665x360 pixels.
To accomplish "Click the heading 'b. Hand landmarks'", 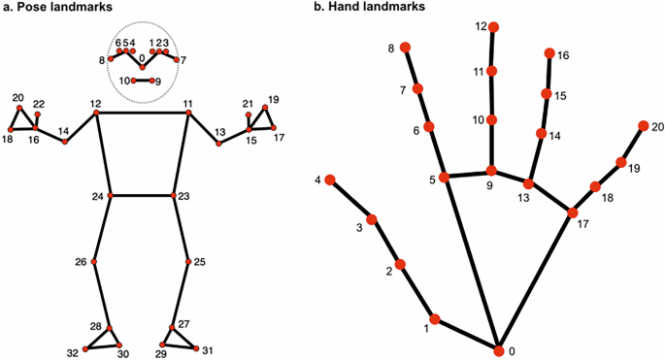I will click(373, 8).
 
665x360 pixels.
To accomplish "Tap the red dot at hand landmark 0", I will click(498, 349).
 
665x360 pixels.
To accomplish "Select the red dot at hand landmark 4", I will click(330, 180).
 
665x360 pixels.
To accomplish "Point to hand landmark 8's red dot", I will click(406, 48).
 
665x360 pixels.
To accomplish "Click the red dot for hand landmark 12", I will click(494, 26).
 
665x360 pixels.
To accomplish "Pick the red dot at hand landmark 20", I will click(643, 125).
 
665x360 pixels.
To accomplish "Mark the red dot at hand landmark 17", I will click(573, 213).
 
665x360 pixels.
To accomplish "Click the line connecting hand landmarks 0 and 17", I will click(536, 280).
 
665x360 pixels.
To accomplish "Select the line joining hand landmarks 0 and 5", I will click(471, 262).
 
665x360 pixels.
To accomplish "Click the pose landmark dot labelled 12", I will click(96, 114).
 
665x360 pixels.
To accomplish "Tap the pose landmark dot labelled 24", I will click(110, 195).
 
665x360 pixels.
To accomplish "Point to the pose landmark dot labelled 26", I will click(95, 262).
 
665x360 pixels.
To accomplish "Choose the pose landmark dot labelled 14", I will click(65, 142).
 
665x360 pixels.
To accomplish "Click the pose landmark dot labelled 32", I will click(86, 347).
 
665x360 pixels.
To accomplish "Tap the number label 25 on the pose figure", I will click(200, 262).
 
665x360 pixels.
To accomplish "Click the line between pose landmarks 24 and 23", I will click(142, 195).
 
